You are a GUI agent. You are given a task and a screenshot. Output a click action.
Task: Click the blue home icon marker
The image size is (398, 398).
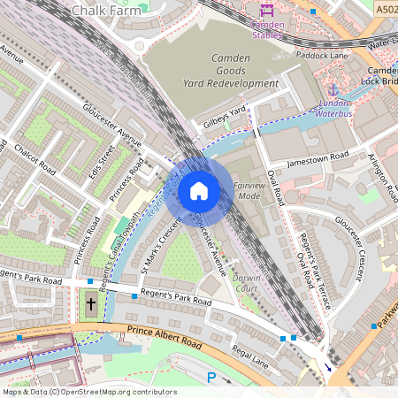click(199, 191)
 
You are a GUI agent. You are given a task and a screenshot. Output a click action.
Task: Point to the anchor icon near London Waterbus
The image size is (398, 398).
click(333, 90)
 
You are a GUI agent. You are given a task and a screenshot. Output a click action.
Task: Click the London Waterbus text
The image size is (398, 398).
click(335, 108)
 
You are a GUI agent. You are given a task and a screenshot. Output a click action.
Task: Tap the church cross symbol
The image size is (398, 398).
click(90, 305)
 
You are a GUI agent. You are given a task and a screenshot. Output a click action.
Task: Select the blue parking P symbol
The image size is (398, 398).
click(210, 378)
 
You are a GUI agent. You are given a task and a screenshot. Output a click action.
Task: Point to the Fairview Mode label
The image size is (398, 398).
click(250, 190)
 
